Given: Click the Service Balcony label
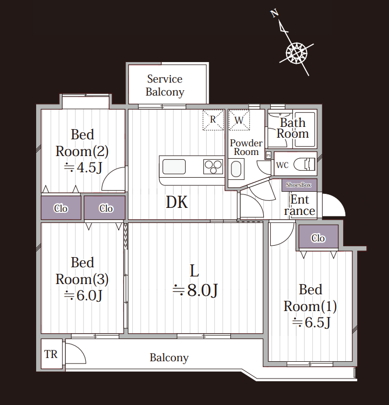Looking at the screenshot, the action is (x=165, y=85).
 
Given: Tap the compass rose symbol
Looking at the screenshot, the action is (x=297, y=53).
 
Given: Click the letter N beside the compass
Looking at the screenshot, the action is (x=275, y=13).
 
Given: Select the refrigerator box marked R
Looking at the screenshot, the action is (x=213, y=120).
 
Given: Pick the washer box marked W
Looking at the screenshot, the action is (x=239, y=120).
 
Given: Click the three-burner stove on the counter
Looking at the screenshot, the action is (x=213, y=167).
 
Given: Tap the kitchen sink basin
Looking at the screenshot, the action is (x=174, y=167).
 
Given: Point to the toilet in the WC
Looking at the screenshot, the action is (x=304, y=164).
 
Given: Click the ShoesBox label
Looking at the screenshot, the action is (x=299, y=185).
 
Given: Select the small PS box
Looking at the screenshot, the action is (x=269, y=156).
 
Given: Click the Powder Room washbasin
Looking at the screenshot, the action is (x=236, y=169).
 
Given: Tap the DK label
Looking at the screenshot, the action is (x=177, y=202).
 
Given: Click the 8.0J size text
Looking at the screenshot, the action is (x=195, y=290).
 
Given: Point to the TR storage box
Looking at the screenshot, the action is (x=51, y=354).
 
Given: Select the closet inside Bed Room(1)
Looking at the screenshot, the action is (x=318, y=237).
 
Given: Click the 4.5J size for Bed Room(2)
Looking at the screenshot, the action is (x=83, y=167).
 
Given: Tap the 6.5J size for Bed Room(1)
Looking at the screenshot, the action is (x=311, y=322).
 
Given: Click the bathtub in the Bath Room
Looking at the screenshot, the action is (x=305, y=129).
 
